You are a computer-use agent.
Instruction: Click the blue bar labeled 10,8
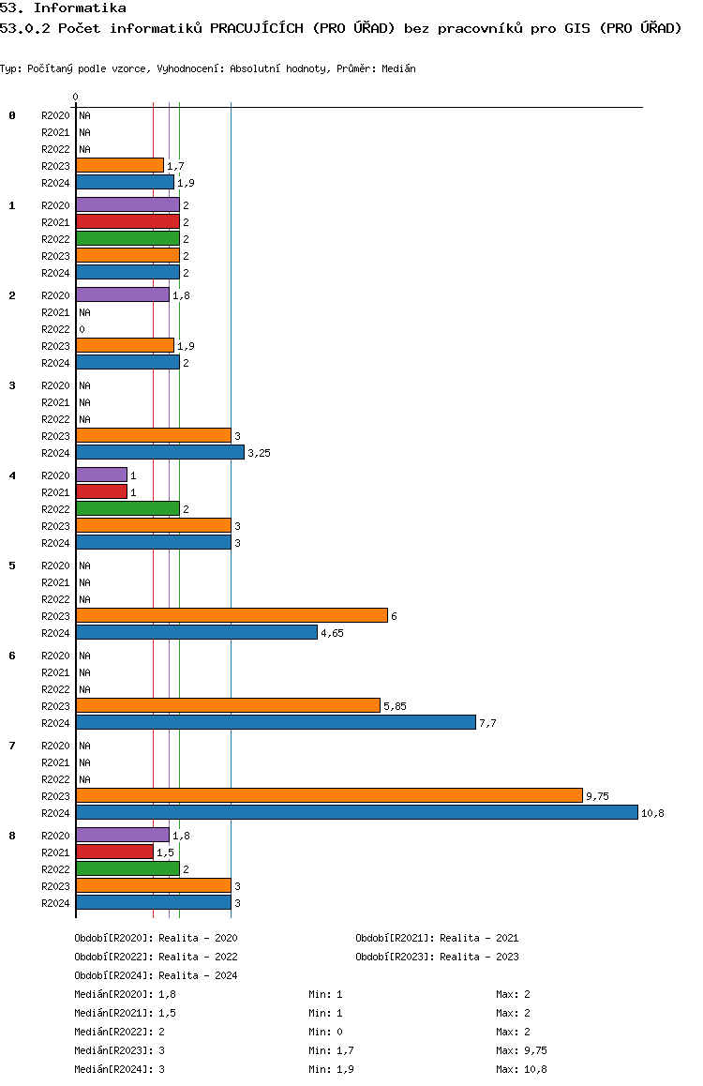click(357, 812)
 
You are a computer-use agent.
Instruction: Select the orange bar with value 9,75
click(329, 796)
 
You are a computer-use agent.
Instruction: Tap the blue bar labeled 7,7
click(277, 722)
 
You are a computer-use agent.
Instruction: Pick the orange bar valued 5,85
click(229, 706)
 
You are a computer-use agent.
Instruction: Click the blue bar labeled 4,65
click(197, 632)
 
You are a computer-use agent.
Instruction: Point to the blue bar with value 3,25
click(160, 452)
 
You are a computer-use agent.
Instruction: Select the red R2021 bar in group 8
click(115, 852)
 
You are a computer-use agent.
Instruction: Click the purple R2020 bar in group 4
click(102, 475)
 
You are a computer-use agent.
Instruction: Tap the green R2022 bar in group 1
click(128, 239)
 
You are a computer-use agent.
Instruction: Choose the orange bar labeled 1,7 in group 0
click(120, 166)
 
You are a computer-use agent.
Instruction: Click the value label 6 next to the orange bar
click(394, 616)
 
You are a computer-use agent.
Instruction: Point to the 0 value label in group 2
click(82, 330)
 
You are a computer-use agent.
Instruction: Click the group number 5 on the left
click(12, 566)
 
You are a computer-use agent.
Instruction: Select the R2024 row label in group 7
click(55, 813)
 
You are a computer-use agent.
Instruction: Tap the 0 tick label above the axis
click(75, 97)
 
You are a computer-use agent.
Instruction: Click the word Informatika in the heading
click(80, 8)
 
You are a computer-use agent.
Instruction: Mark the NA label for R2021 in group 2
click(84, 312)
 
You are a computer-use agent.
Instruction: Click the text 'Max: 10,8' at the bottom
click(521, 1069)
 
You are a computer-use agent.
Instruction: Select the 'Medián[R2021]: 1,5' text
click(126, 1013)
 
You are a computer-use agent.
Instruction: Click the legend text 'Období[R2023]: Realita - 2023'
click(438, 957)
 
